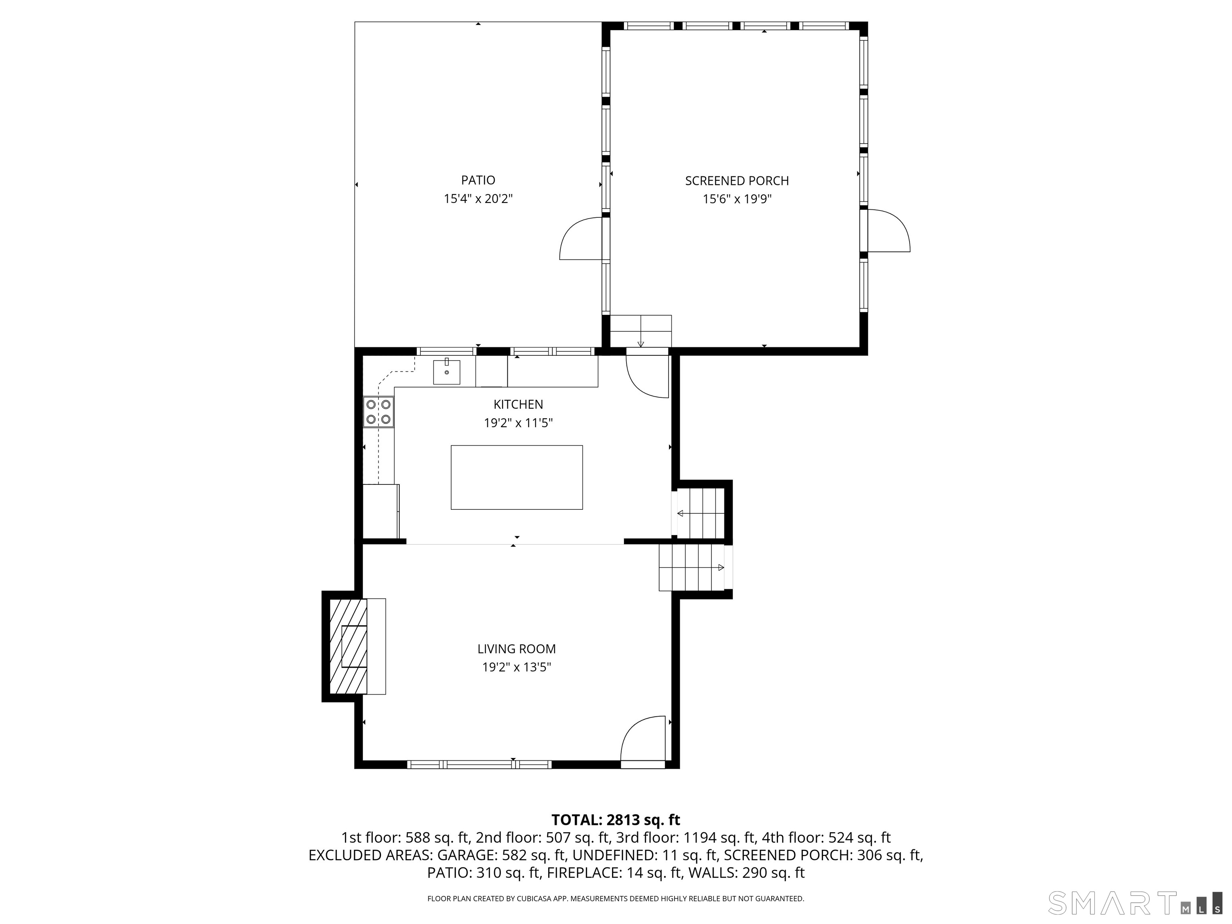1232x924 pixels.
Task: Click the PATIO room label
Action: click(478, 180)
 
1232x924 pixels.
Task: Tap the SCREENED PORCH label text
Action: click(736, 180)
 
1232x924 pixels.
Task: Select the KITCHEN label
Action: click(518, 404)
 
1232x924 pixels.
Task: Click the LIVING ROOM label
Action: click(516, 649)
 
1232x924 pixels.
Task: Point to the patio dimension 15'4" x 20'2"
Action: click(478, 199)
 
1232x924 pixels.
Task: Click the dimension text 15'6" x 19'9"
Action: click(736, 199)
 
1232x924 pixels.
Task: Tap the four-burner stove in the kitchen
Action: click(378, 411)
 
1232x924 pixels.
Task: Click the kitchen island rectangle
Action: click(516, 477)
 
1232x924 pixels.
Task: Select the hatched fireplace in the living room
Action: click(349, 646)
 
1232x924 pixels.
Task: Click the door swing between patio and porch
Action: click(581, 238)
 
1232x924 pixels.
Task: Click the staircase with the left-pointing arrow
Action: click(701, 513)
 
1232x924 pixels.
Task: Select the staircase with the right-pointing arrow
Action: click(693, 567)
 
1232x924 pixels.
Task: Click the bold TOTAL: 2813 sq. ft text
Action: click(616, 820)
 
